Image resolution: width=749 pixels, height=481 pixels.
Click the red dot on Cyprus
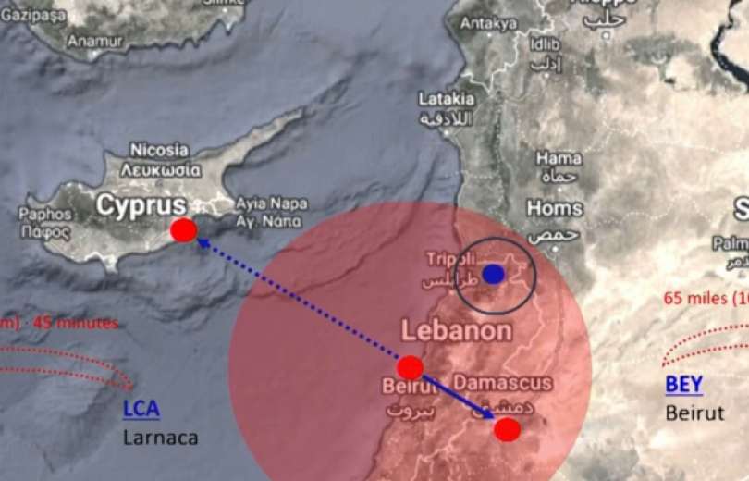coord(183,230)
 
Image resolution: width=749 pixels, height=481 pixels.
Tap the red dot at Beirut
coord(411,367)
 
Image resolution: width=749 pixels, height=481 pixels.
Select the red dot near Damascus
coord(507,429)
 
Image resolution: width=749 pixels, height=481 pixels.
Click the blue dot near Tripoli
coord(494,274)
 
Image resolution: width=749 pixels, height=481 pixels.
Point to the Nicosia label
coord(159,150)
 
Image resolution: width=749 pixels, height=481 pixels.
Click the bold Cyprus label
coord(141,204)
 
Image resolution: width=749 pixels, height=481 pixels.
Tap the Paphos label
coord(44,214)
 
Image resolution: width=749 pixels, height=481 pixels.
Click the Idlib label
coord(546,43)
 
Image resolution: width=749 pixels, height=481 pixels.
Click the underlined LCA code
coord(141,408)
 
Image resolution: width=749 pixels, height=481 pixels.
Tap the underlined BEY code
coord(683,384)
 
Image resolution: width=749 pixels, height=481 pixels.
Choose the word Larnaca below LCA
coord(161,437)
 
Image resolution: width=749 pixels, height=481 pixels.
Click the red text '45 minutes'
coord(75,323)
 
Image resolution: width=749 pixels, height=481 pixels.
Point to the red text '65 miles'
coord(694,299)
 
